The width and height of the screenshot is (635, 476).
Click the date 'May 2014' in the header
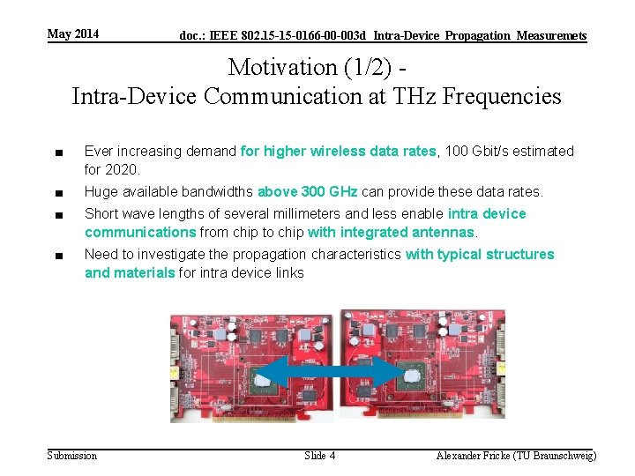coord(73,34)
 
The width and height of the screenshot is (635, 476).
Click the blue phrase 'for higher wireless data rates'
coord(338,151)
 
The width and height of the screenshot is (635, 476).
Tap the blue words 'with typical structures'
coord(480,254)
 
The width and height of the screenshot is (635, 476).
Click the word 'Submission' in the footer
coord(71,455)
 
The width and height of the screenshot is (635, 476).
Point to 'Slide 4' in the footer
coord(319,455)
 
